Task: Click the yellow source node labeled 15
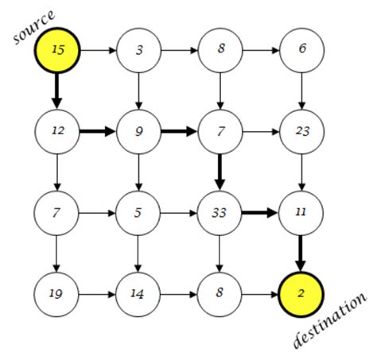coord(57,51)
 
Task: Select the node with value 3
coord(139,51)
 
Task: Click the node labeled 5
coord(139,213)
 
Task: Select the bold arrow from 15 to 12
coord(57,91)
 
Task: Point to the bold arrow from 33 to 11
coord(261,213)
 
